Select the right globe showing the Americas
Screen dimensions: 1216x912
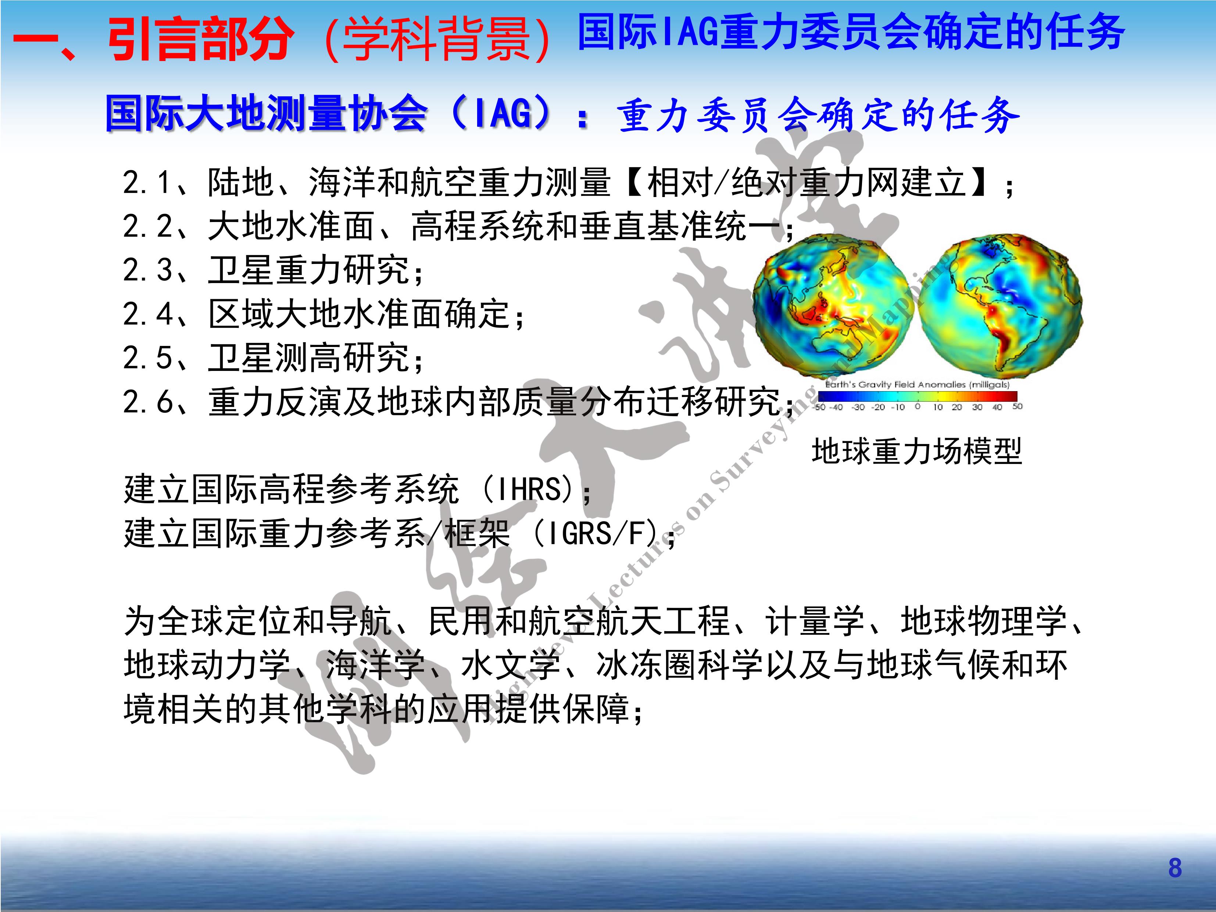(1000, 305)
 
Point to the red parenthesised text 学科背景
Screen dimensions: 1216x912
(437, 39)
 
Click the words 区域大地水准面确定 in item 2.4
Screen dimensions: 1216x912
(358, 314)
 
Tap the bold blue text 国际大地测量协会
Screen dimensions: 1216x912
(266, 114)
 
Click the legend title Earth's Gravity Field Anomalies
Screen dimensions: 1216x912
(917, 384)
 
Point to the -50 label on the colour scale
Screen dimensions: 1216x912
(820, 407)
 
